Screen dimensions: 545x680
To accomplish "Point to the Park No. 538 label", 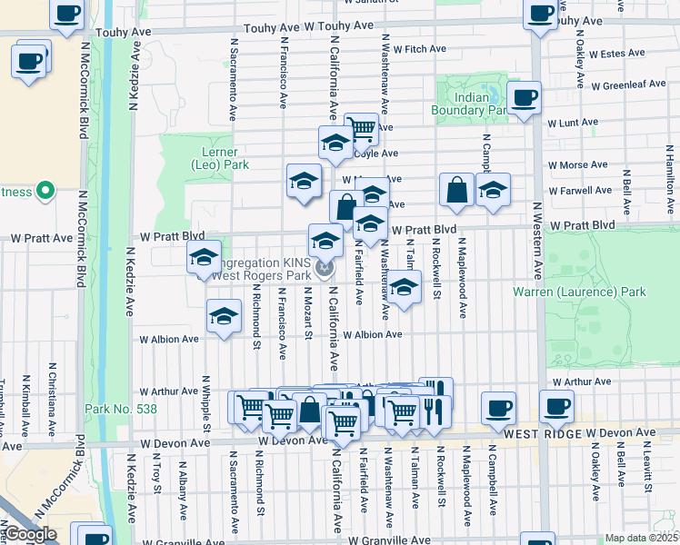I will pyautogui.click(x=120, y=409).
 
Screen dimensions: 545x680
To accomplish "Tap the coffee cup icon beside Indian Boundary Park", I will pyautogui.click(x=524, y=98).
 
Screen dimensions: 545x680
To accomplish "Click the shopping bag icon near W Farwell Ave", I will pyautogui.click(x=455, y=190).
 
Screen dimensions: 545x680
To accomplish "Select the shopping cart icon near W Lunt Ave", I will pyautogui.click(x=361, y=128).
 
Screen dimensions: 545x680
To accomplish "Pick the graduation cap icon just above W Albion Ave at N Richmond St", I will pyautogui.click(x=223, y=316).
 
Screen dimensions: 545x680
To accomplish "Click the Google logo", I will pyautogui.click(x=30, y=534).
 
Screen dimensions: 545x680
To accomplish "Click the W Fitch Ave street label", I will pyautogui.click(x=420, y=49).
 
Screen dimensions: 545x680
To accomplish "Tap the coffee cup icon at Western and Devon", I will pyautogui.click(x=555, y=406).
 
